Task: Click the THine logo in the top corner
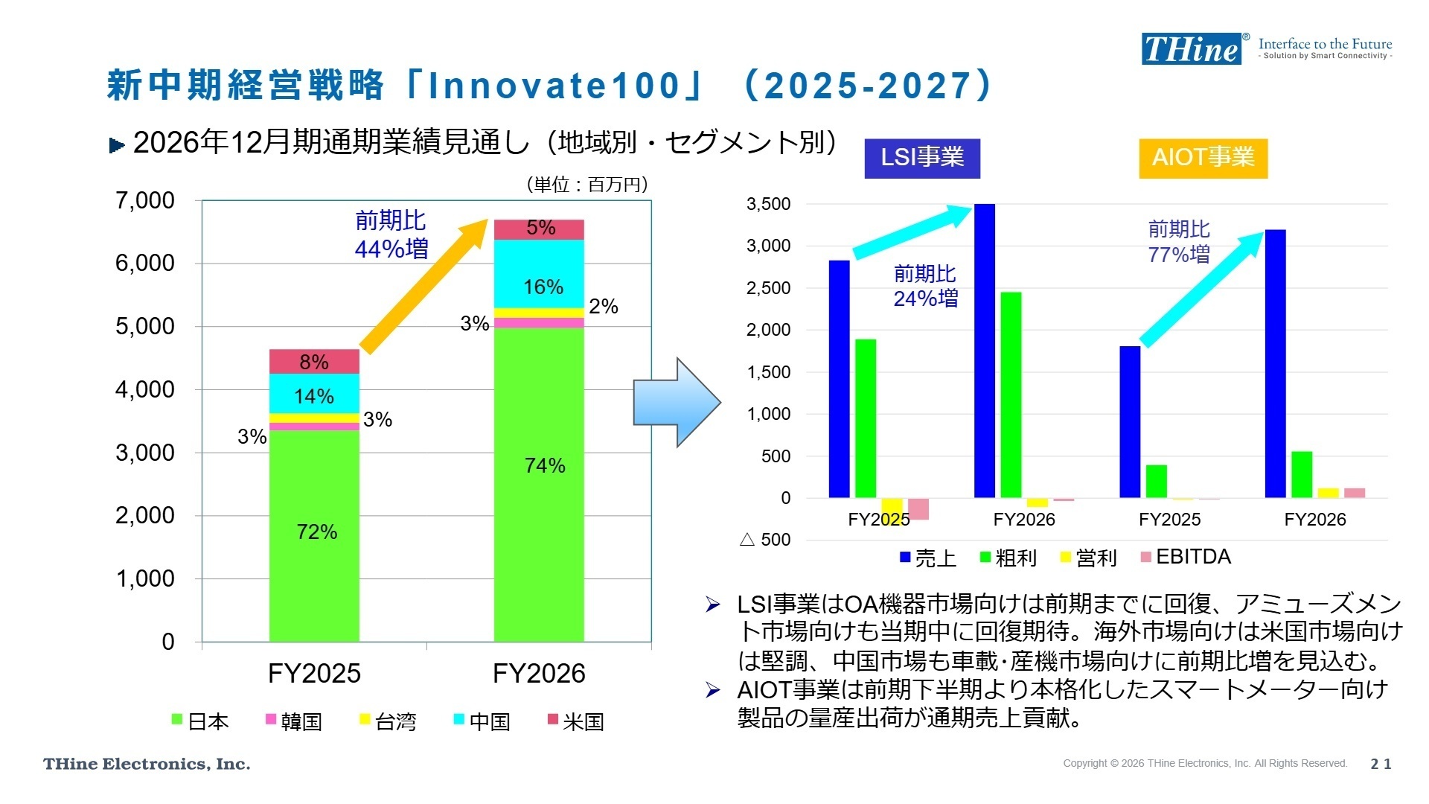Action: [x=1192, y=49]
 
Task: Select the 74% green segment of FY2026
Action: [x=539, y=484]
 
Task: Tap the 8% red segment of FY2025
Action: [x=314, y=362]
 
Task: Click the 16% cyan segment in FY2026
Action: [x=539, y=274]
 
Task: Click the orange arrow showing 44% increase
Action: [x=424, y=287]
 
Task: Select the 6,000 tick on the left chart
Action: [x=145, y=264]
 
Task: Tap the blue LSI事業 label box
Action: [x=922, y=158]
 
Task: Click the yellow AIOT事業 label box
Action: [x=1203, y=158]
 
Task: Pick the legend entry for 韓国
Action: [x=294, y=721]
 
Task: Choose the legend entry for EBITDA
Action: [x=1186, y=557]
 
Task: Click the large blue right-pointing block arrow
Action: [x=676, y=403]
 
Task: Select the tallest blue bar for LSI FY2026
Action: [x=985, y=350]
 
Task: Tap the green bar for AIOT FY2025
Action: [x=1156, y=481]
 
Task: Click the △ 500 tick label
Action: [x=765, y=540]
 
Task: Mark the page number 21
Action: [x=1381, y=764]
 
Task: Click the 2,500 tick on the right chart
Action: [x=768, y=288]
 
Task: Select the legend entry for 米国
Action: [x=575, y=721]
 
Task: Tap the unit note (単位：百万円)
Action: [x=587, y=185]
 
